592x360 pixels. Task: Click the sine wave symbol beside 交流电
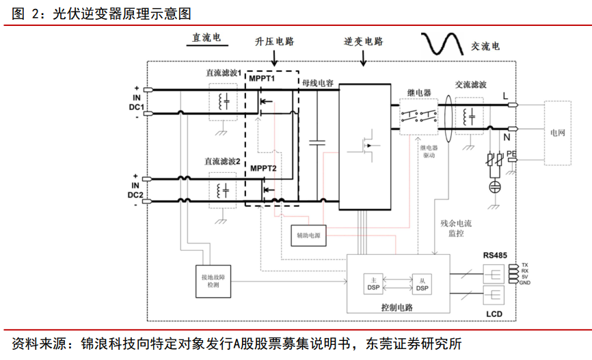point(444,44)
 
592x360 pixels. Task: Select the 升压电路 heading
point(275,42)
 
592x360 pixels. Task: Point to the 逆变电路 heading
point(364,42)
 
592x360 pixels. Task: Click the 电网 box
point(558,133)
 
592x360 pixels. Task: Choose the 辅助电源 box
point(309,236)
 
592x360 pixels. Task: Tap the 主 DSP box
point(374,284)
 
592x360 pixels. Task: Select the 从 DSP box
point(422,284)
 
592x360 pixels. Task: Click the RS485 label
point(496,255)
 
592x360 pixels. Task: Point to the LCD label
point(495,314)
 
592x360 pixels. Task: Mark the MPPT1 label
point(262,79)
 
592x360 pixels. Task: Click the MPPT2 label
point(263,168)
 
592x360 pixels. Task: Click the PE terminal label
point(511,155)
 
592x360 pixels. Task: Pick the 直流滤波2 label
point(222,162)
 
